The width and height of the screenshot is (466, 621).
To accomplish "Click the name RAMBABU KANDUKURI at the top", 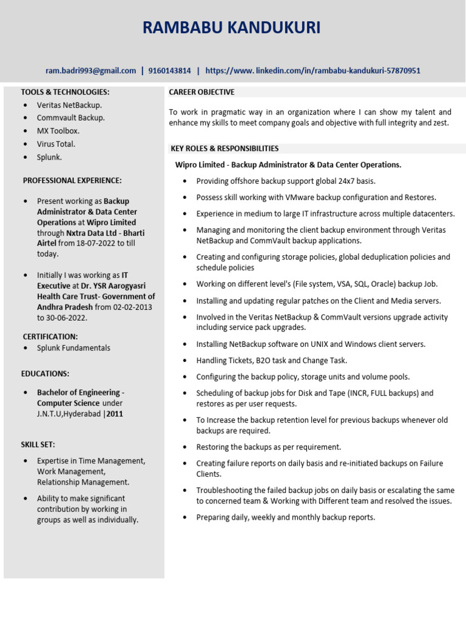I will (x=231, y=28).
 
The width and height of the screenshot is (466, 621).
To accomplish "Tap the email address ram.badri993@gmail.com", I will (x=91, y=71).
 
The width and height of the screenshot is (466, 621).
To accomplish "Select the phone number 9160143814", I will (x=169, y=71).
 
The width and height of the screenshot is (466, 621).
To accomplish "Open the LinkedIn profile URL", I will (x=312, y=71).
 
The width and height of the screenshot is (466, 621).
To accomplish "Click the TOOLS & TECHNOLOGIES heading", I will (x=66, y=92).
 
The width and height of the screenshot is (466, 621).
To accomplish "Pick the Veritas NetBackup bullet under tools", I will (x=69, y=105).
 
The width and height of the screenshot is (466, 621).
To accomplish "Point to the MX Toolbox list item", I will (x=58, y=131).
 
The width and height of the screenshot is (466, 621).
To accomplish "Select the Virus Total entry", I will (x=56, y=144).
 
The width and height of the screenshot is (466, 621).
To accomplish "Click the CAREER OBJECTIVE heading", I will (x=201, y=92).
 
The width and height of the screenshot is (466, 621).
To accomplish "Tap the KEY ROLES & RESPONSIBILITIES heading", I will (x=225, y=149).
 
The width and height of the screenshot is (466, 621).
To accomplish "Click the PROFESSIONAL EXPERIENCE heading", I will (x=72, y=181).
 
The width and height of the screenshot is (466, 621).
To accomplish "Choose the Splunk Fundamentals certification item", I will (x=73, y=348).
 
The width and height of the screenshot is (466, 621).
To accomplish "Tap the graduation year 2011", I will (x=116, y=414).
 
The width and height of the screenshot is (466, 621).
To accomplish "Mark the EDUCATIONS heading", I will (x=46, y=374).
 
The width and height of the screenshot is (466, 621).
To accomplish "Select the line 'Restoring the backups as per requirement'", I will (x=268, y=448).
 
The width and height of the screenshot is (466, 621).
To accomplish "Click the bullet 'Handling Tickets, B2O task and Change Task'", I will (x=271, y=360).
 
